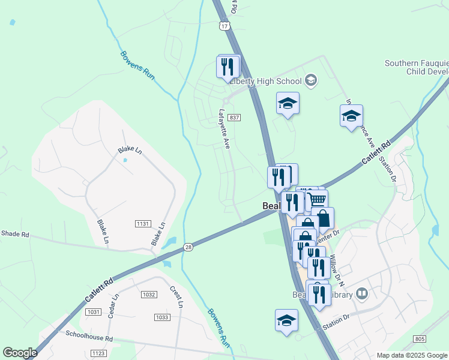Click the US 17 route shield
coord(224,26)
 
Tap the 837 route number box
coord(234,117)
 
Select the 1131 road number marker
coord(142,223)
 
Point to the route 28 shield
coord(188,247)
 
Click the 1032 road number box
coord(149,295)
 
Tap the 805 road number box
coord(420,340)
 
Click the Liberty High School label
coord(268,82)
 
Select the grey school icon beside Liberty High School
coord(311,80)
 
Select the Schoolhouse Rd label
coord(89,338)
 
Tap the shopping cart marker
coord(317,199)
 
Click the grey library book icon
coord(361,293)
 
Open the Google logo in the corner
coord(20,353)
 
